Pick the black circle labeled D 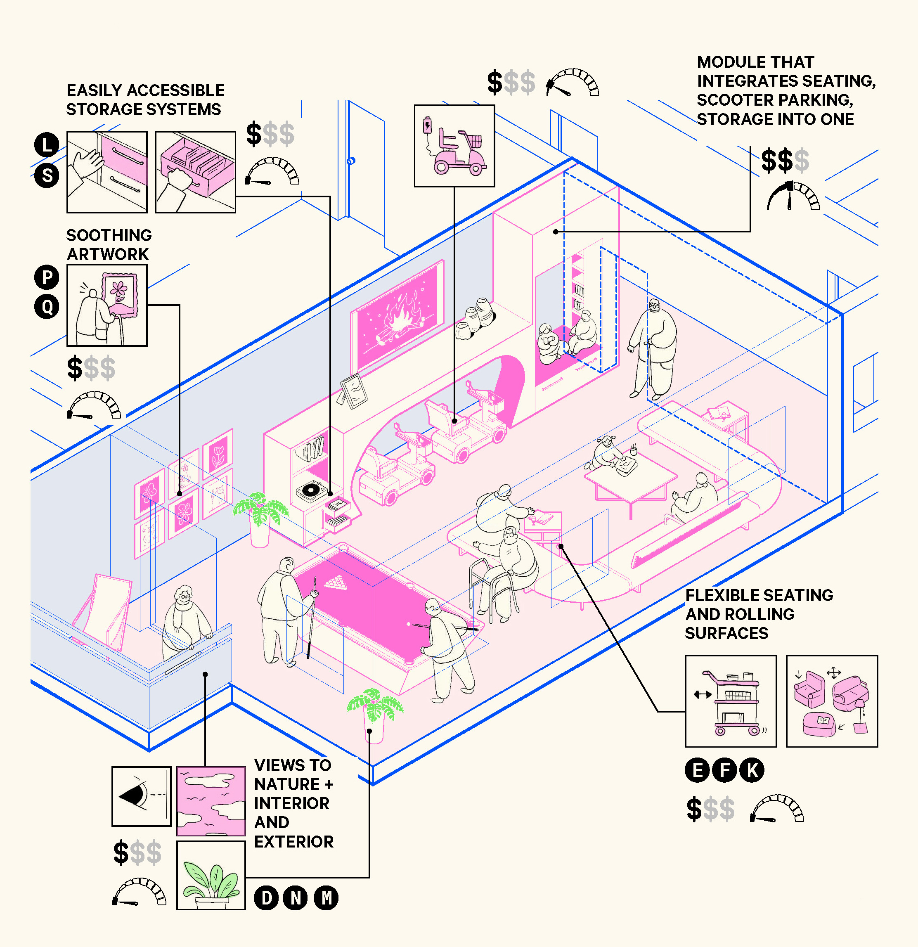coord(266,898)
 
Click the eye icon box coord(141,796)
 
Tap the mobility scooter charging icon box coord(454,145)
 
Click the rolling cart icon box coord(730,701)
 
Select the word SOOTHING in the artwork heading coord(109,235)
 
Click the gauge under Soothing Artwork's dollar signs coord(94,406)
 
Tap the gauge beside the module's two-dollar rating coord(793,196)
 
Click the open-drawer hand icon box coord(195,172)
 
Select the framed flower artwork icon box coord(107,305)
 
